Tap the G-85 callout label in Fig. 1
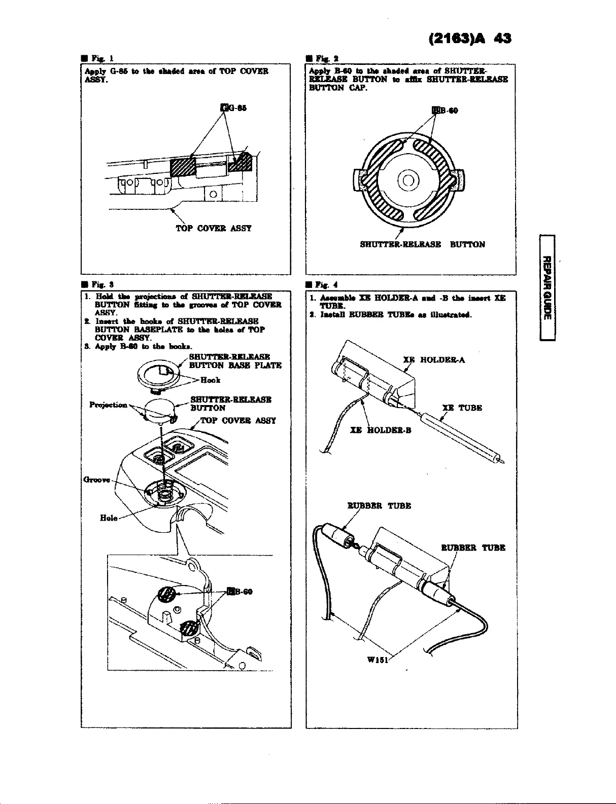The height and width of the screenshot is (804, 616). point(234,107)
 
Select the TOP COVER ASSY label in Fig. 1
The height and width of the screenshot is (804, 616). point(214,228)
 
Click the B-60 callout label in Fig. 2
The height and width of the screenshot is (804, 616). point(444,111)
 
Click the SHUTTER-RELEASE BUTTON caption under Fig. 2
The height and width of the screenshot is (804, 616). point(422,244)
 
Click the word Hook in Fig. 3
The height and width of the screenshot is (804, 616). point(210,380)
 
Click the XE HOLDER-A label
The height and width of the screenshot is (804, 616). point(434,360)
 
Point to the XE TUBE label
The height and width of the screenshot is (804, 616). point(462,408)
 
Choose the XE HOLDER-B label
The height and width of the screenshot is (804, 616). point(381,430)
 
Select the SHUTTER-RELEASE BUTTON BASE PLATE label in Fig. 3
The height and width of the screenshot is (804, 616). point(235,361)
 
